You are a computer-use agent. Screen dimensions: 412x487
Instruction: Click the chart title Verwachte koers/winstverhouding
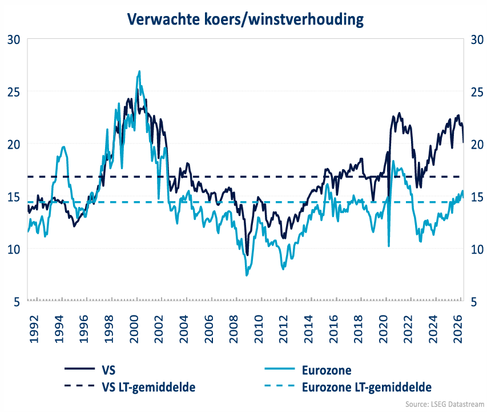[245, 19]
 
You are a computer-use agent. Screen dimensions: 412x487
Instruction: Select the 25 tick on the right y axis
[475, 91]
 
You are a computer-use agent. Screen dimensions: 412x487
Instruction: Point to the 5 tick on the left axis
[17, 302]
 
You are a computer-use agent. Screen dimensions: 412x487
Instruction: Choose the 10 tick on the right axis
[475, 249]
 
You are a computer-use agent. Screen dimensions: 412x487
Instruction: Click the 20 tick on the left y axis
[14, 144]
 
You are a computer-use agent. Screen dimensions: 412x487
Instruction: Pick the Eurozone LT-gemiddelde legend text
[366, 387]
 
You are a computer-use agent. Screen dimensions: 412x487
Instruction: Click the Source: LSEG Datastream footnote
[443, 404]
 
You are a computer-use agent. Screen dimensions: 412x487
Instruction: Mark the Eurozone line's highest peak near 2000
[139, 71]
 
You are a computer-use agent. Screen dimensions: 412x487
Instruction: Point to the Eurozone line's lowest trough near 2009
[247, 275]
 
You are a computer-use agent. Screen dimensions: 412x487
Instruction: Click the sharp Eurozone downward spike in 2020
[389, 246]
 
